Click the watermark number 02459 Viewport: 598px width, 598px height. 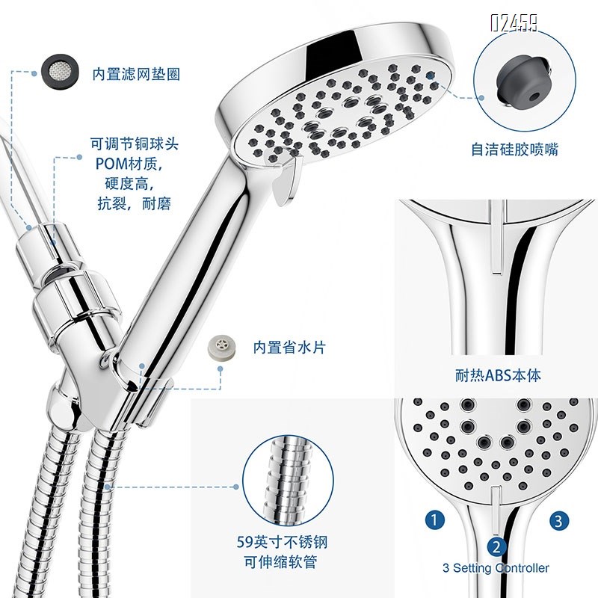(x=514, y=23)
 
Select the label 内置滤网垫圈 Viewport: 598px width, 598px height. (x=136, y=74)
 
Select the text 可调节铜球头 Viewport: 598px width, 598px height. (x=135, y=142)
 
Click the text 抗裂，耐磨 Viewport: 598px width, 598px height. (x=135, y=203)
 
